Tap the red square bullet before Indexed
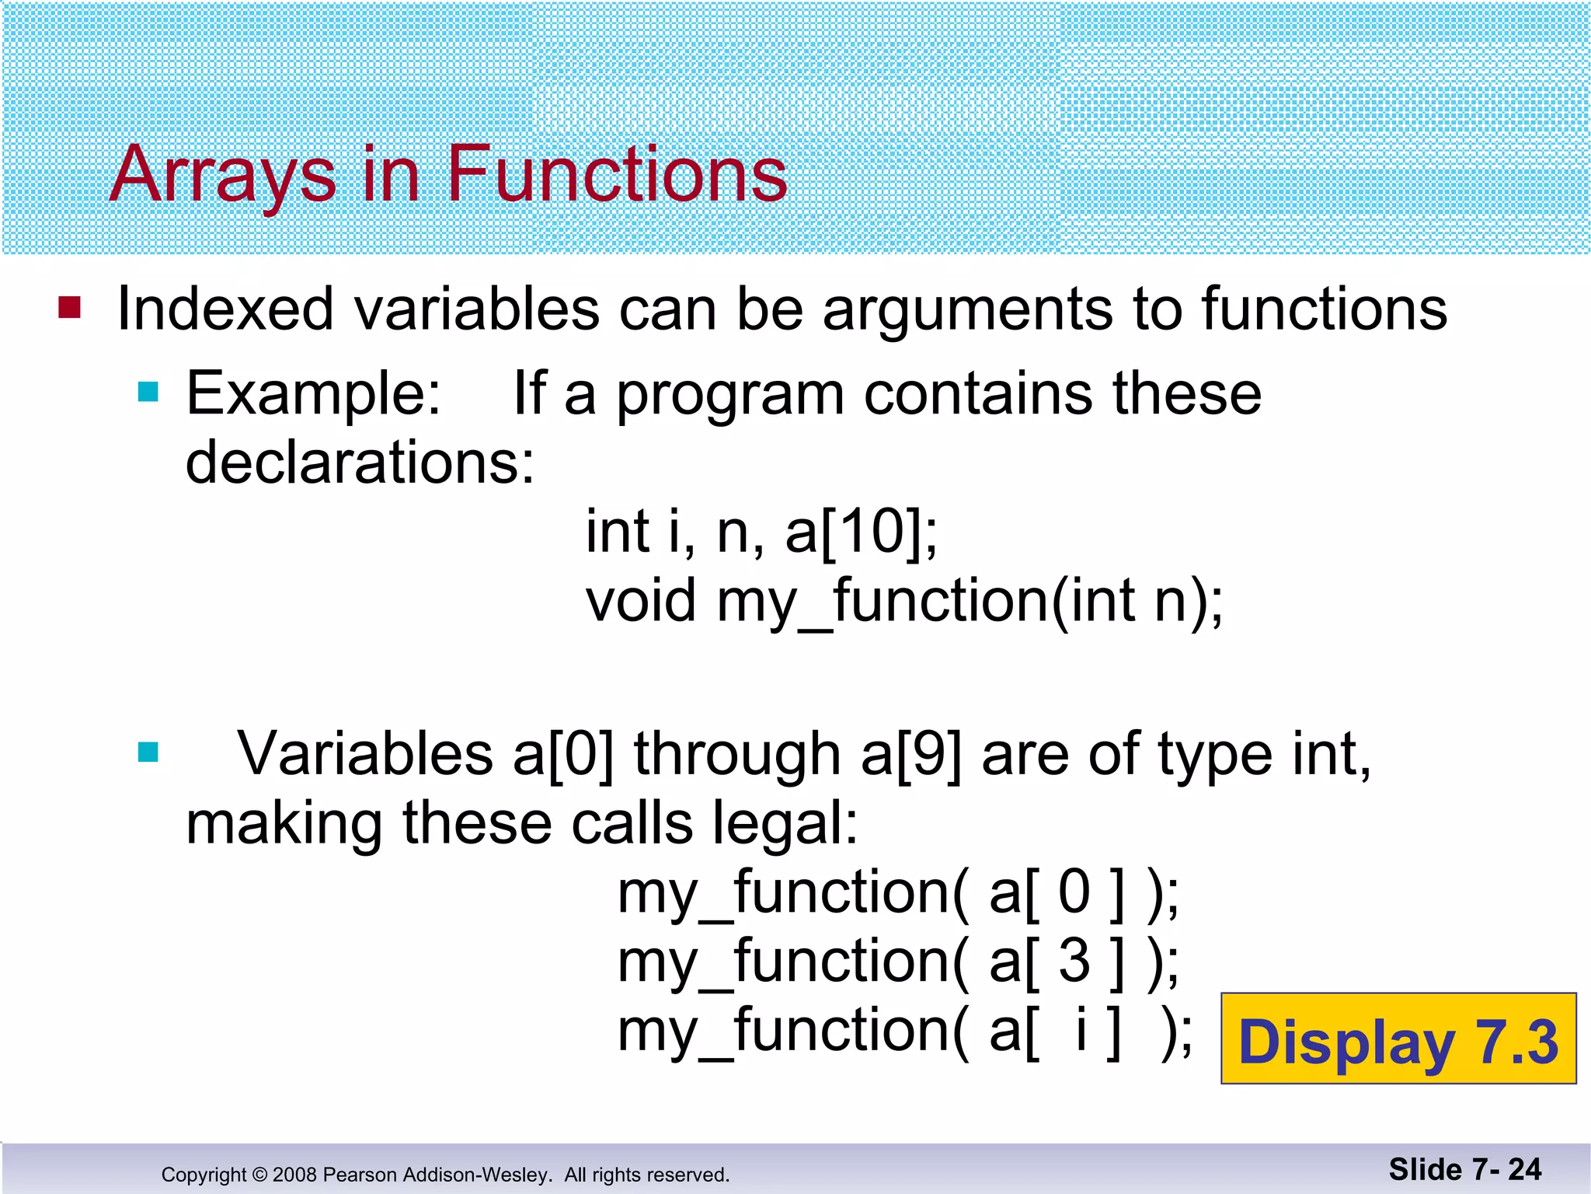pos(70,308)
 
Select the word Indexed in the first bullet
pos(225,309)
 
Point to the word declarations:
pos(360,463)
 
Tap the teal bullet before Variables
pos(148,752)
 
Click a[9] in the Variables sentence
pos(910,754)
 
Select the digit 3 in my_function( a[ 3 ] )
pos(1074,961)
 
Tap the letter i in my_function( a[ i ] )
pos(1081,1029)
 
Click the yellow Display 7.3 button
pos(1398,1039)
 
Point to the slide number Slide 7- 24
pos(1464,1169)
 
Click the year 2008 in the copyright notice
pos(294,1175)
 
